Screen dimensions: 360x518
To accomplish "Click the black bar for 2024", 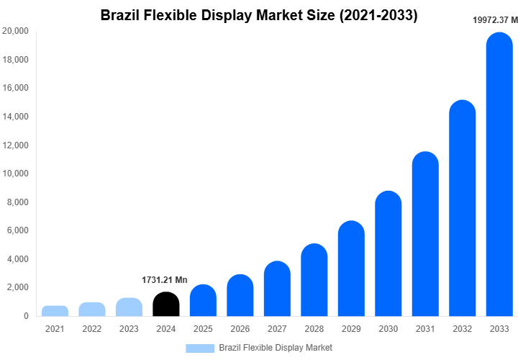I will pyautogui.click(x=166, y=305).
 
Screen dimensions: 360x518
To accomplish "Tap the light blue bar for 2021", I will pyautogui.click(x=55, y=311).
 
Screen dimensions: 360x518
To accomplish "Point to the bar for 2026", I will pyautogui.click(x=240, y=296).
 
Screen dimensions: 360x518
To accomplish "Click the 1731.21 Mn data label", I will pyautogui.click(x=165, y=279).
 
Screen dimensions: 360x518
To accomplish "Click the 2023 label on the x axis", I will pyautogui.click(x=129, y=329).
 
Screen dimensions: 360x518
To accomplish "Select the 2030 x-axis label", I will pyautogui.click(x=388, y=329).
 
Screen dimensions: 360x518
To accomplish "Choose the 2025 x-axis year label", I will pyautogui.click(x=203, y=329).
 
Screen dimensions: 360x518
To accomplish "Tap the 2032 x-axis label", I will pyautogui.click(x=462, y=329).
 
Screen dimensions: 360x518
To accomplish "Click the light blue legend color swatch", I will pyautogui.click(x=200, y=348).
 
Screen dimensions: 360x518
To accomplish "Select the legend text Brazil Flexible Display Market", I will pyautogui.click(x=276, y=348).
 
